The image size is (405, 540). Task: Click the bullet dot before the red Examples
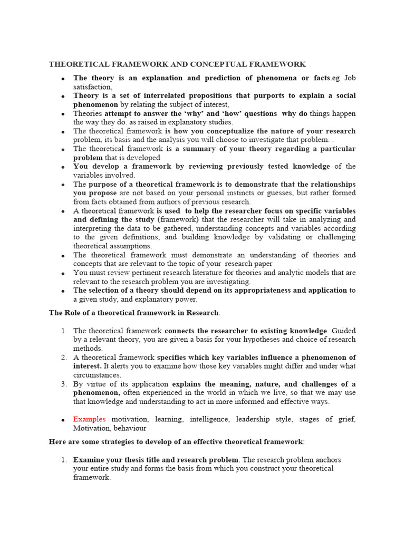[x=62, y=420]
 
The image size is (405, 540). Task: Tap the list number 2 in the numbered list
[x=63, y=358]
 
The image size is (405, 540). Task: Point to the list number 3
[x=63, y=384]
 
